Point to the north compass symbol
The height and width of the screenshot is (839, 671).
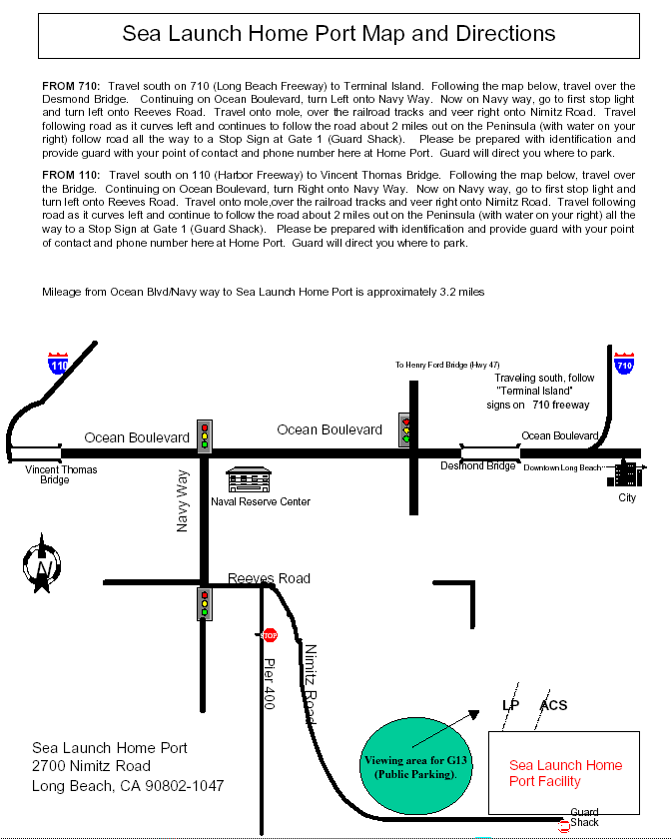pyautogui.click(x=42, y=565)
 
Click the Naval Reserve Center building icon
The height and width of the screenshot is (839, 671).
pyautogui.click(x=249, y=479)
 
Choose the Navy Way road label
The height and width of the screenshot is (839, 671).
pyautogui.click(x=184, y=502)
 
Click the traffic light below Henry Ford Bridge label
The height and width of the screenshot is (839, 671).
pyautogui.click(x=406, y=428)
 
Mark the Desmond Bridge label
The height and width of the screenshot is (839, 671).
pyautogui.click(x=479, y=466)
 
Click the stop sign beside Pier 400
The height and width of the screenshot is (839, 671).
pyautogui.click(x=270, y=634)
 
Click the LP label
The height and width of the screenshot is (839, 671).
pyautogui.click(x=510, y=706)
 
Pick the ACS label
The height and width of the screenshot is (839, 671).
pyautogui.click(x=553, y=706)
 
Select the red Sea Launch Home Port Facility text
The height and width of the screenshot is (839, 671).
pyautogui.click(x=565, y=773)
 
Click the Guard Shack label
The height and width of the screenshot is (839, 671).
pyautogui.click(x=585, y=817)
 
